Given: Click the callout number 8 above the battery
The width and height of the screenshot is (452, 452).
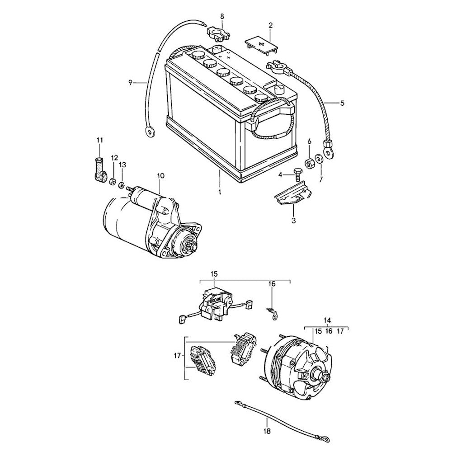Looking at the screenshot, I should click(222, 16).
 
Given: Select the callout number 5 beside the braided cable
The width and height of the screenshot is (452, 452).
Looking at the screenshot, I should click(342, 103).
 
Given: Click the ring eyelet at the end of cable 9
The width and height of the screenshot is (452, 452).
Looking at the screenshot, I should click(148, 132).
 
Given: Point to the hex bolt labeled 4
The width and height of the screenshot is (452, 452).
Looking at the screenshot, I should click(297, 173).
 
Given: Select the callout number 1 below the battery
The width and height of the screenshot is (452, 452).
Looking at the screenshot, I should click(220, 192).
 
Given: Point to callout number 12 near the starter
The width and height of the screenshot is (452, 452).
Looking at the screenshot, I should click(114, 158).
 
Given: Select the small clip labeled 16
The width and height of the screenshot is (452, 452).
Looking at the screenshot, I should click(272, 312).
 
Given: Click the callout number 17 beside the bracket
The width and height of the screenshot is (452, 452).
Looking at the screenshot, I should click(177, 356).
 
